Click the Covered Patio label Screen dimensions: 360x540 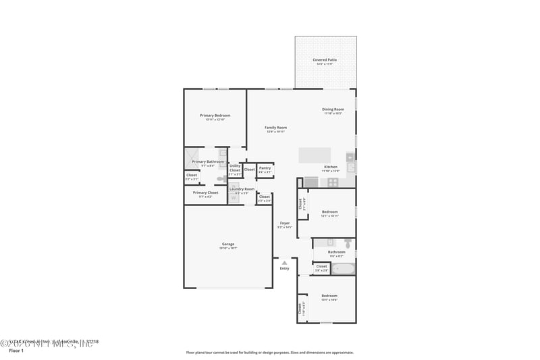[325, 60]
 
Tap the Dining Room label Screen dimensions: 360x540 [333, 109]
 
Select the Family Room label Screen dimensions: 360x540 [275, 128]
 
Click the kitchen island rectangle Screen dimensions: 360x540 [315, 155]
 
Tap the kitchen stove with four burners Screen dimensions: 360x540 [332, 182]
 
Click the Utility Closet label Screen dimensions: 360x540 [235, 168]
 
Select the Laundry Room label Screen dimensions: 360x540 [242, 189]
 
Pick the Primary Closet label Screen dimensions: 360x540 [205, 193]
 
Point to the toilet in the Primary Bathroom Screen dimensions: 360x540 [221, 178]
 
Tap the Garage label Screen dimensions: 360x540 [228, 244]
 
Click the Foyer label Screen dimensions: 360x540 [285, 224]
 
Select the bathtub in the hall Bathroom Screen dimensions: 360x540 [344, 269]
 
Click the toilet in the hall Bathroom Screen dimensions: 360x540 [348, 242]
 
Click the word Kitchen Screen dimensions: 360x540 [331, 167]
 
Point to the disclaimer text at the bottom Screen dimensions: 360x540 [269, 352]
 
